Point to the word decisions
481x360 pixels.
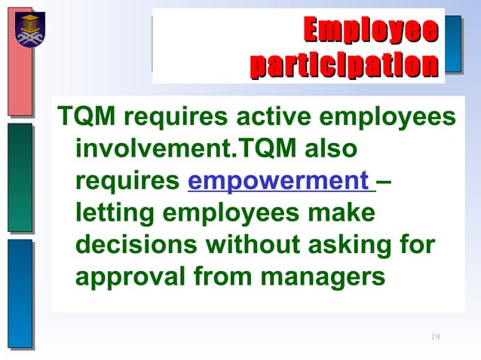pyautogui.click(x=136, y=246)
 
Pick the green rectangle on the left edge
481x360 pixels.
pyautogui.click(x=20, y=176)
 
